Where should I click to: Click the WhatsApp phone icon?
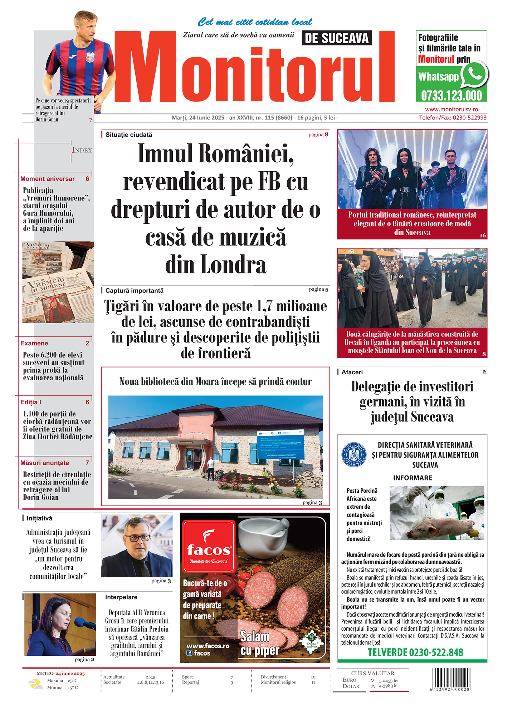pyautogui.click(x=474, y=74)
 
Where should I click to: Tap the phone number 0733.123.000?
pyautogui.click(x=452, y=96)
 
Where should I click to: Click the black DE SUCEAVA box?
pyautogui.click(x=337, y=38)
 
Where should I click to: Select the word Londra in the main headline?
pyautogui.click(x=216, y=265)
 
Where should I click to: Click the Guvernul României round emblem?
pyautogui.click(x=353, y=454)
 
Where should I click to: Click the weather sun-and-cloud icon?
pyautogui.click(x=35, y=684)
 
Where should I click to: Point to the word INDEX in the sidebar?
pyautogui.click(x=82, y=151)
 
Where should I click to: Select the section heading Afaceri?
pyautogui.click(x=352, y=372)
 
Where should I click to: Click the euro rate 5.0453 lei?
pyautogui.click(x=389, y=681)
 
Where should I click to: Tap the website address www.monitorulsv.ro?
pyautogui.click(x=452, y=109)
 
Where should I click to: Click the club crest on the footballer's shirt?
pyautogui.click(x=90, y=56)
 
